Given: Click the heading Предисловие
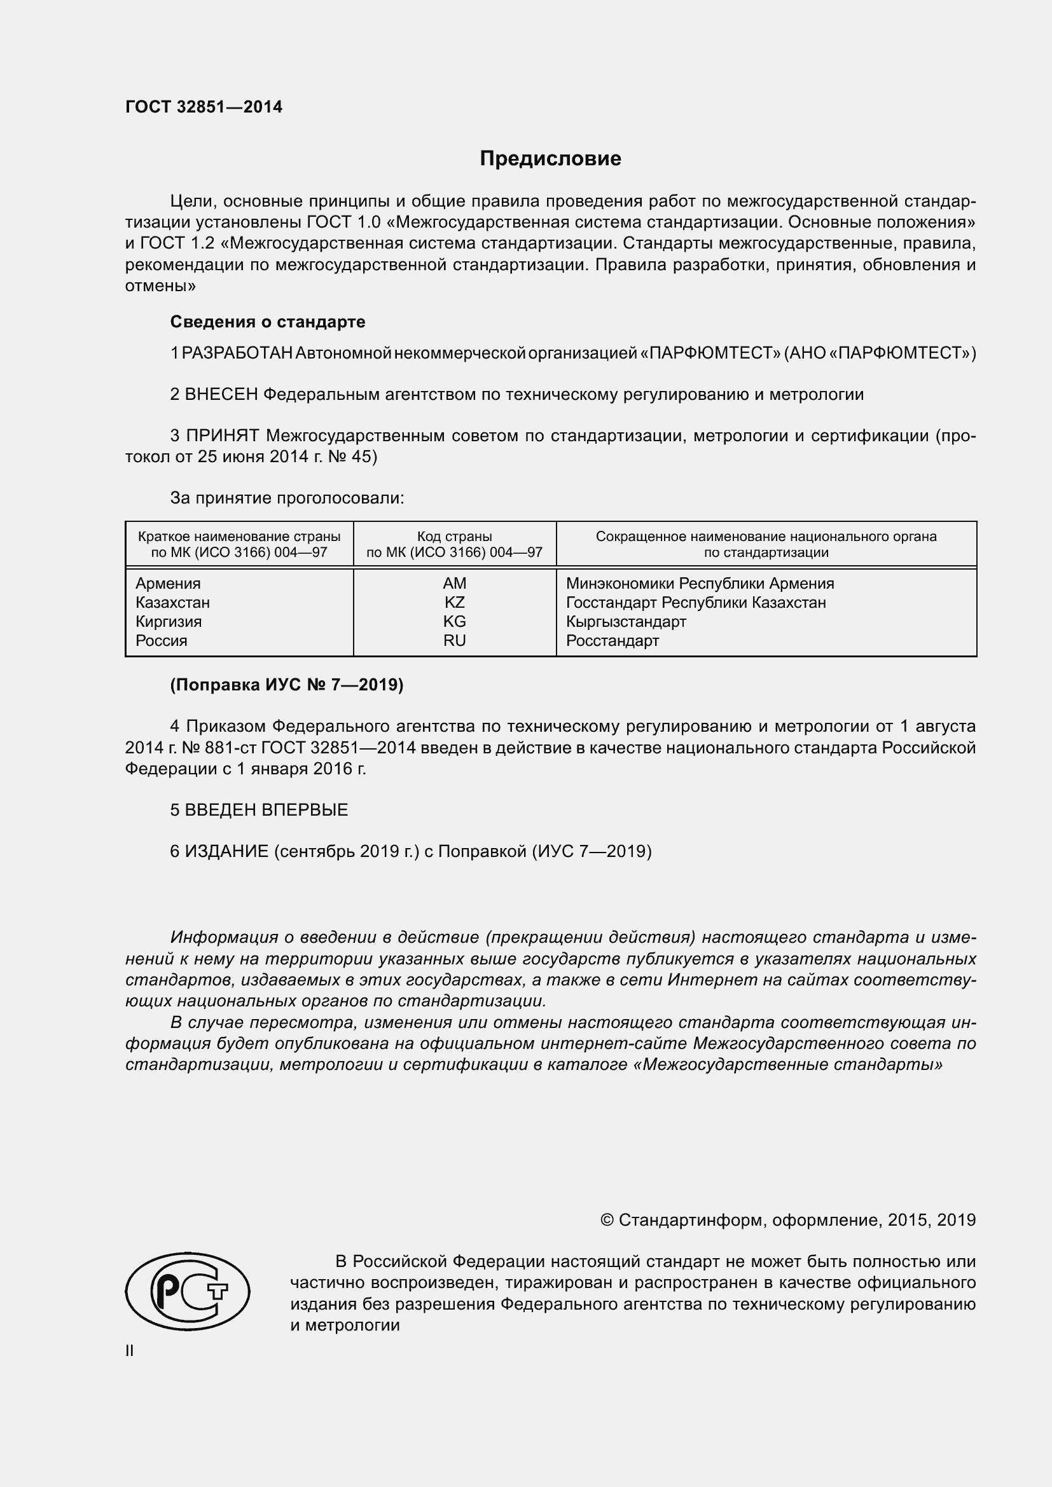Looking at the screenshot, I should pos(550,159).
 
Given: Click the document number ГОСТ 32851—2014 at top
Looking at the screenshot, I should pos(204,107).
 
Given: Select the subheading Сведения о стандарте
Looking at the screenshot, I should pos(268,322).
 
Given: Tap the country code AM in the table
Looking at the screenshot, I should pos(454,584).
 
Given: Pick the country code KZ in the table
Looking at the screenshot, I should pos(454,602).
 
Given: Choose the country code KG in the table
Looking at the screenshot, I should pos(454,622).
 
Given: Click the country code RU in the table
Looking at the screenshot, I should pos(454,641).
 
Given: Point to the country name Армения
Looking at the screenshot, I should pos(168,584).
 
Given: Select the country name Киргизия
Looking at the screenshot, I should pos(169,622).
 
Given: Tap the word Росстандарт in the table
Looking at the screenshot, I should pos(612,641).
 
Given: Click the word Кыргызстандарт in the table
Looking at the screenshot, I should pos(626,622).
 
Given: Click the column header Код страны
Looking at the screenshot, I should pos(454,537).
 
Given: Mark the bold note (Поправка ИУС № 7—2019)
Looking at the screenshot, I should pos(286,685).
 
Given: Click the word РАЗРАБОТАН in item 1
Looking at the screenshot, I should pos(237,353).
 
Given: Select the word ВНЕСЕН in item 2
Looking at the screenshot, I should pos(221,394).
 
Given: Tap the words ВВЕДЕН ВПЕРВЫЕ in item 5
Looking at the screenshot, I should pos(266,810).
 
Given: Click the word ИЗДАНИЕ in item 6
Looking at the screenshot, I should pos(226,852).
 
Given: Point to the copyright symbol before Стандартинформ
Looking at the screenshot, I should pos(607,1220).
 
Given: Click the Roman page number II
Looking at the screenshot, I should pos(130,1351).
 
